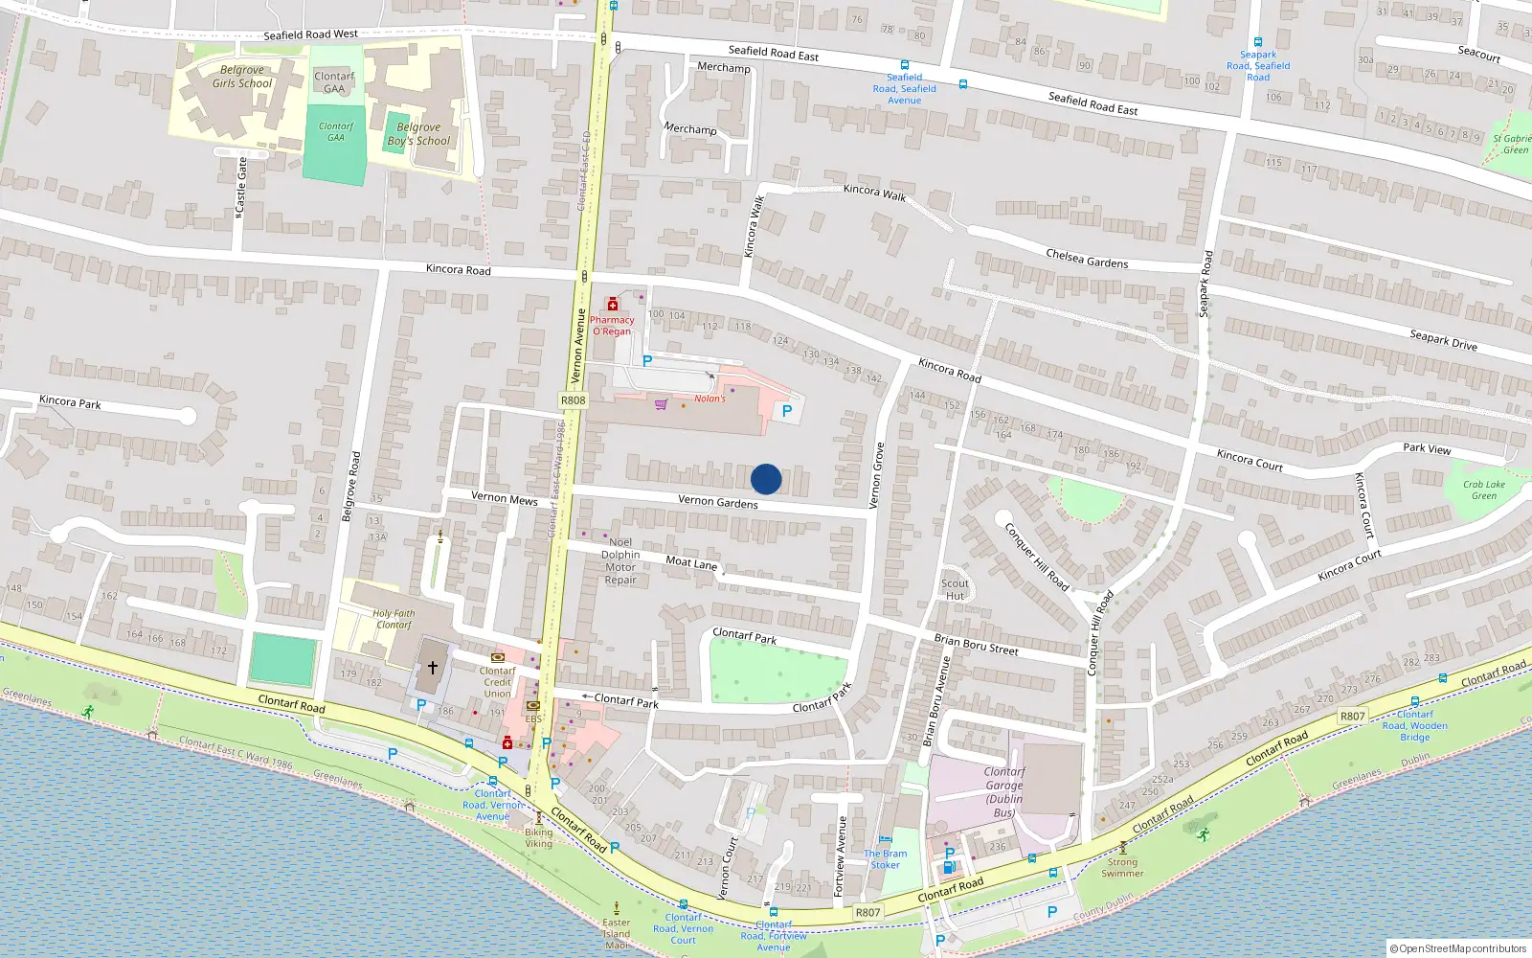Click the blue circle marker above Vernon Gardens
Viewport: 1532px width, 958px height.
(766, 479)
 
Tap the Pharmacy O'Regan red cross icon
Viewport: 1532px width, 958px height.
(613, 305)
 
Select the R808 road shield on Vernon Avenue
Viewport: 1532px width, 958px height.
(573, 400)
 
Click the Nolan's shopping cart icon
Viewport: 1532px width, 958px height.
(661, 404)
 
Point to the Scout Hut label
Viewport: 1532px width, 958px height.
(955, 589)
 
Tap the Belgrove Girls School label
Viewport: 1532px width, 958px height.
(242, 77)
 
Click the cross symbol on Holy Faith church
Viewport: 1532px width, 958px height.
(432, 667)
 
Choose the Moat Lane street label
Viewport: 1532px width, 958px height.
(691, 562)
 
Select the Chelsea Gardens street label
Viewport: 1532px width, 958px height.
(1087, 259)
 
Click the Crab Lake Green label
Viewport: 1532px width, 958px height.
(1483, 490)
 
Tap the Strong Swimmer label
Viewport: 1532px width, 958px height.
(1122, 867)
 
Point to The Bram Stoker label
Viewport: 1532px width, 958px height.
(885, 859)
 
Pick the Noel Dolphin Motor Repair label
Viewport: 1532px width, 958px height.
(620, 560)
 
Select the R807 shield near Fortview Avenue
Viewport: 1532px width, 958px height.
(867, 912)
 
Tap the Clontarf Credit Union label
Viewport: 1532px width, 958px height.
(497, 682)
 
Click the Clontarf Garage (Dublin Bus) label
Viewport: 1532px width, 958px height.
(1004, 792)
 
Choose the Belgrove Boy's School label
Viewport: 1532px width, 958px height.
(418, 134)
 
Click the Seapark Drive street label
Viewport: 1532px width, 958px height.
(1443, 340)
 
